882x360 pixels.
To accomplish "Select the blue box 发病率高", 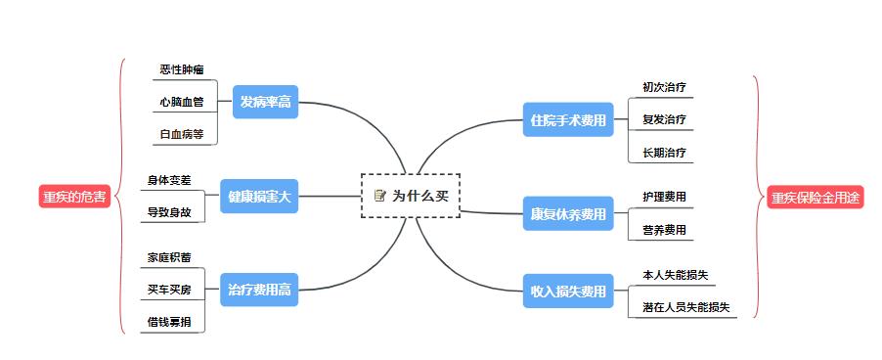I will (x=265, y=102).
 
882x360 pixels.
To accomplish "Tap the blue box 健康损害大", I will (x=259, y=196).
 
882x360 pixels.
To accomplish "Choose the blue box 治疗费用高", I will (x=259, y=289).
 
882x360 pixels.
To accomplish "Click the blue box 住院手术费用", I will (x=567, y=120).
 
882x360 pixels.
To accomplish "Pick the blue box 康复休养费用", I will (x=567, y=213).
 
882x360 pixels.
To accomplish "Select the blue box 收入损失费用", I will (x=567, y=291).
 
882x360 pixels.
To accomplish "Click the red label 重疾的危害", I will (x=74, y=196).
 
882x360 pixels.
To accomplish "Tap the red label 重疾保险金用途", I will (x=816, y=197).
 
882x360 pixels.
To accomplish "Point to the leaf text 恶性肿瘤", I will (x=182, y=69).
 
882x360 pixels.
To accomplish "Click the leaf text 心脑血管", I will (x=182, y=102).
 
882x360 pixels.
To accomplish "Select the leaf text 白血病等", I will (x=182, y=134).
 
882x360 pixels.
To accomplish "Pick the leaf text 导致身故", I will (x=169, y=211).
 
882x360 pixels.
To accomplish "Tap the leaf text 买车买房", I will (x=169, y=290).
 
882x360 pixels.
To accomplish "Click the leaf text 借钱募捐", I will (x=169, y=321).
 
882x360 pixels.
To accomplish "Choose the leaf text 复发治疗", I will (x=664, y=119).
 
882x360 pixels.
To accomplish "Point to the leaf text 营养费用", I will (x=664, y=230).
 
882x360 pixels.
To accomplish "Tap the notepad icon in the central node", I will (x=380, y=196).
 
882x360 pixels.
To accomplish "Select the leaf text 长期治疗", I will (x=664, y=152).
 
